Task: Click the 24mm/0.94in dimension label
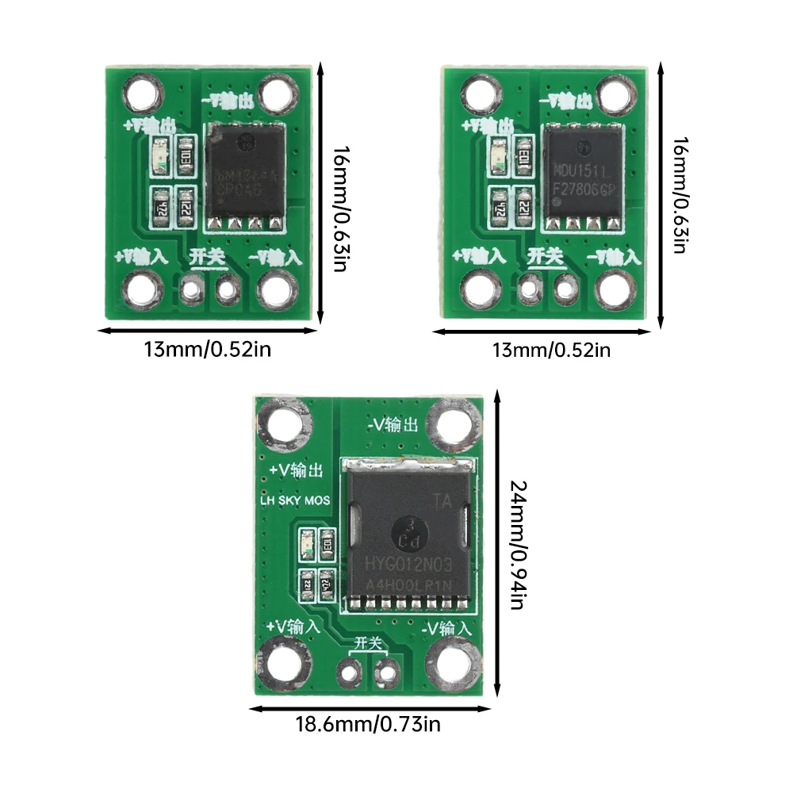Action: (x=516, y=545)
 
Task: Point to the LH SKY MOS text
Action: (x=295, y=500)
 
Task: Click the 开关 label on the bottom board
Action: (x=368, y=642)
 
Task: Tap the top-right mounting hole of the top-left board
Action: (x=277, y=94)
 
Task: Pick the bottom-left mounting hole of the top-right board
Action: (x=481, y=289)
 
